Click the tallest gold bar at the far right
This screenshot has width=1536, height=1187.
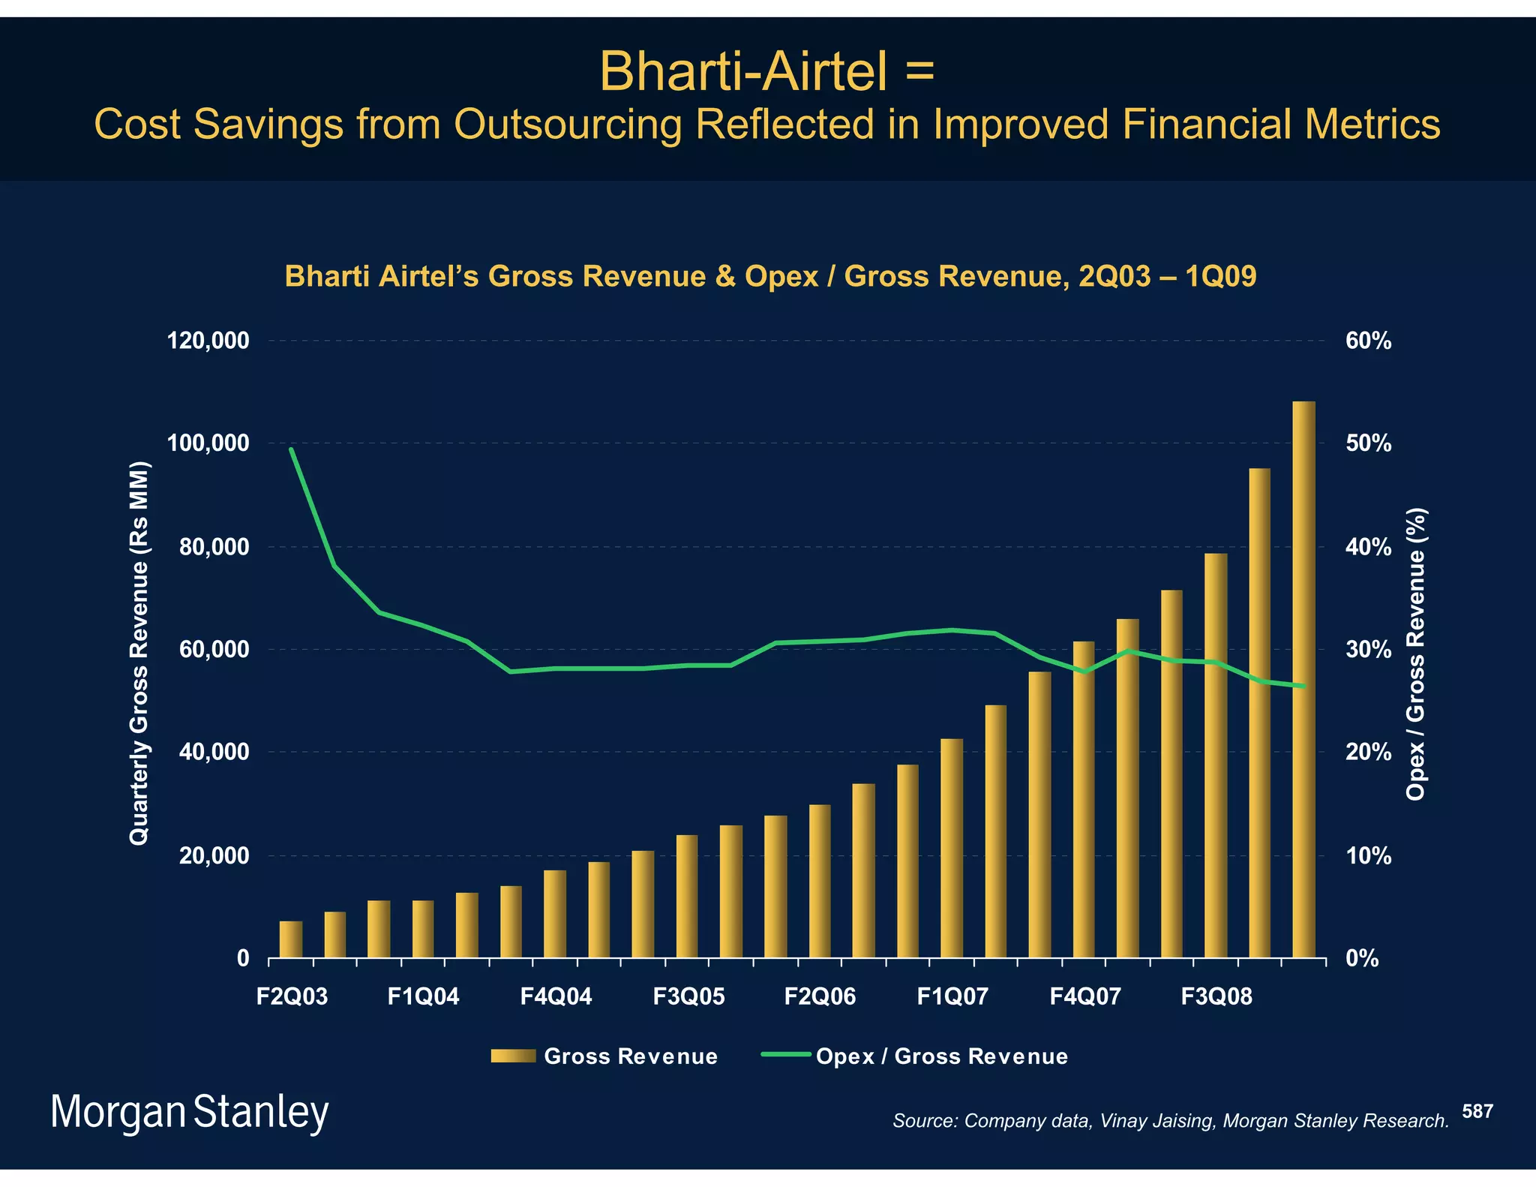tap(1303, 679)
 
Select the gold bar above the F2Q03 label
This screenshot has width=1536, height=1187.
tap(291, 939)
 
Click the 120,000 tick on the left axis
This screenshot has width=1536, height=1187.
tap(208, 341)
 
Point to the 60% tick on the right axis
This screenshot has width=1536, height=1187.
tap(1368, 341)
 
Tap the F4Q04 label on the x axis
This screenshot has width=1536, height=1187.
tap(556, 997)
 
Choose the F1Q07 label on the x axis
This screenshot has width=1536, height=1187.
tap(952, 997)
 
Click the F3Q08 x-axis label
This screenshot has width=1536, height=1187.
tap(1216, 997)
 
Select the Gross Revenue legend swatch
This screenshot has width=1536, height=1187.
tap(513, 1056)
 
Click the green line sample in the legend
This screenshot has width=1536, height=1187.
tap(785, 1055)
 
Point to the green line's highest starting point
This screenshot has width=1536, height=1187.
tap(291, 449)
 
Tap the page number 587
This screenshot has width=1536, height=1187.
tap(1477, 1111)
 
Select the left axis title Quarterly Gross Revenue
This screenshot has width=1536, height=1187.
tap(139, 653)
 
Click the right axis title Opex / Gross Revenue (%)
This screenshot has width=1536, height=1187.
tap(1415, 654)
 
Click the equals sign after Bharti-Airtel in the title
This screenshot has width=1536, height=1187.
tap(919, 72)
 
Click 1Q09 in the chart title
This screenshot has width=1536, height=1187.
tap(1220, 277)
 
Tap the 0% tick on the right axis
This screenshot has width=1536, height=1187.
tap(1362, 958)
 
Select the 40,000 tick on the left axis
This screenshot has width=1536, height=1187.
tap(214, 752)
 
